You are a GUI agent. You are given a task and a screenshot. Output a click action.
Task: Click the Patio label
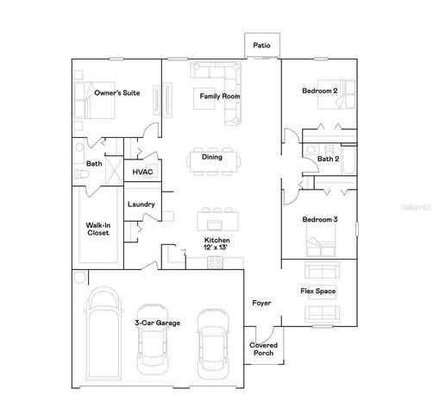260,46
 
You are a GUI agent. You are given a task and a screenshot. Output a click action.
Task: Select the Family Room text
220,96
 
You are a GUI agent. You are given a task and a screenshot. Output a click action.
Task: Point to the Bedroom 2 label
319,91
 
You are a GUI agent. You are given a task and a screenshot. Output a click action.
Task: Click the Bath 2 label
328,159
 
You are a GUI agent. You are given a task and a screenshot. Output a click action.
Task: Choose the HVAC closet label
141,172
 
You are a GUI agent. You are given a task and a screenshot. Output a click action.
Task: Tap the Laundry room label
141,204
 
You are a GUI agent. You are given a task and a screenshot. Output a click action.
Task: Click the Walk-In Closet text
97,229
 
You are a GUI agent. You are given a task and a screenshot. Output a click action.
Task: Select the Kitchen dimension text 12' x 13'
216,248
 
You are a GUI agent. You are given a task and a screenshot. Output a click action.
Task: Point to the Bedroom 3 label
319,220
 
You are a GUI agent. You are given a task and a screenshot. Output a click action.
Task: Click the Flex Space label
317,292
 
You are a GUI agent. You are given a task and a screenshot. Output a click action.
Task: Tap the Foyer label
261,303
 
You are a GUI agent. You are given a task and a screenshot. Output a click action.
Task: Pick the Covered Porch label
263,349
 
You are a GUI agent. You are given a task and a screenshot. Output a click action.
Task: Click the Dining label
211,157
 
